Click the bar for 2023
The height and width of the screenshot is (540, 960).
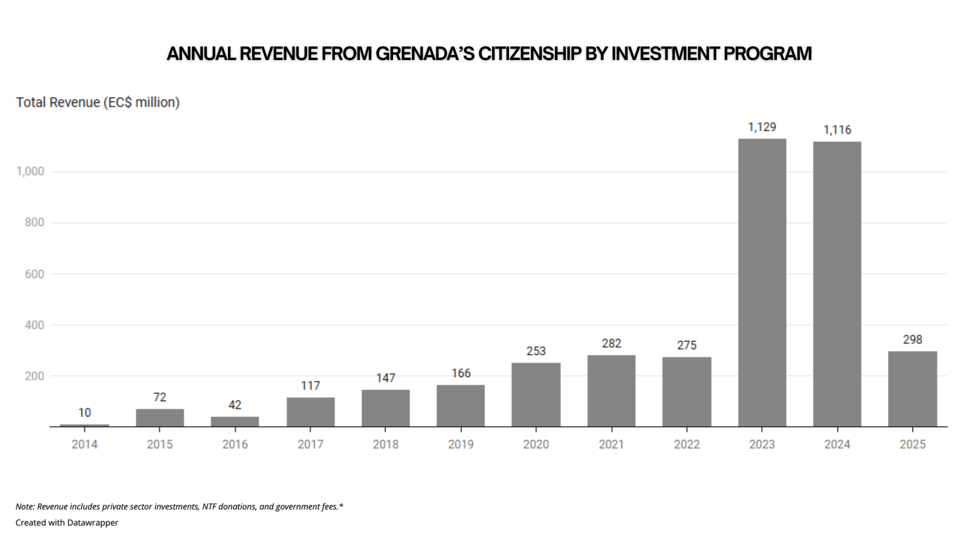pyautogui.click(x=762, y=282)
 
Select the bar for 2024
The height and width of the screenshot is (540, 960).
pyautogui.click(x=837, y=284)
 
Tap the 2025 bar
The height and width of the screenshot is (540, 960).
pyautogui.click(x=912, y=388)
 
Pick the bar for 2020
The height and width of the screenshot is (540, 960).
pyautogui.click(x=536, y=394)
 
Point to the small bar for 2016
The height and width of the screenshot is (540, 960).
pyautogui.click(x=235, y=421)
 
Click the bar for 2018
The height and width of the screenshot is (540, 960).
pyautogui.click(x=385, y=408)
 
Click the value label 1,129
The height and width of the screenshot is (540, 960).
pyautogui.click(x=762, y=127)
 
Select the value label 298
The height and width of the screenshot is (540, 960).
pyautogui.click(x=912, y=340)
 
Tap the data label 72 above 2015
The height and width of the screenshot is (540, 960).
pyautogui.click(x=159, y=397)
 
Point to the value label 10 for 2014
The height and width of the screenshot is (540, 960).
pyautogui.click(x=84, y=413)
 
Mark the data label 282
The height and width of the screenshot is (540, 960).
pyautogui.click(x=611, y=344)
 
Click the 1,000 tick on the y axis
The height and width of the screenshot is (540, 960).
pyautogui.click(x=30, y=172)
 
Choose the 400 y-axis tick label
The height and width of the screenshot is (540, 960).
pyautogui.click(x=34, y=325)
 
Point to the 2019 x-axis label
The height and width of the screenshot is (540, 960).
pyautogui.click(x=460, y=444)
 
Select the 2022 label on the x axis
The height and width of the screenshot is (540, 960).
pyautogui.click(x=686, y=444)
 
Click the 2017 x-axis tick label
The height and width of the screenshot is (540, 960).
pyautogui.click(x=310, y=444)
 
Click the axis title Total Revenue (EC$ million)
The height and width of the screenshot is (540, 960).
pyautogui.click(x=98, y=102)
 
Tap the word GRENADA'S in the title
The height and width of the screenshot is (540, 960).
pyautogui.click(x=424, y=54)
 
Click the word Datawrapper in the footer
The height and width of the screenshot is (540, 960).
pyautogui.click(x=92, y=523)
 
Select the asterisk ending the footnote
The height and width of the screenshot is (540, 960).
pyautogui.click(x=341, y=506)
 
